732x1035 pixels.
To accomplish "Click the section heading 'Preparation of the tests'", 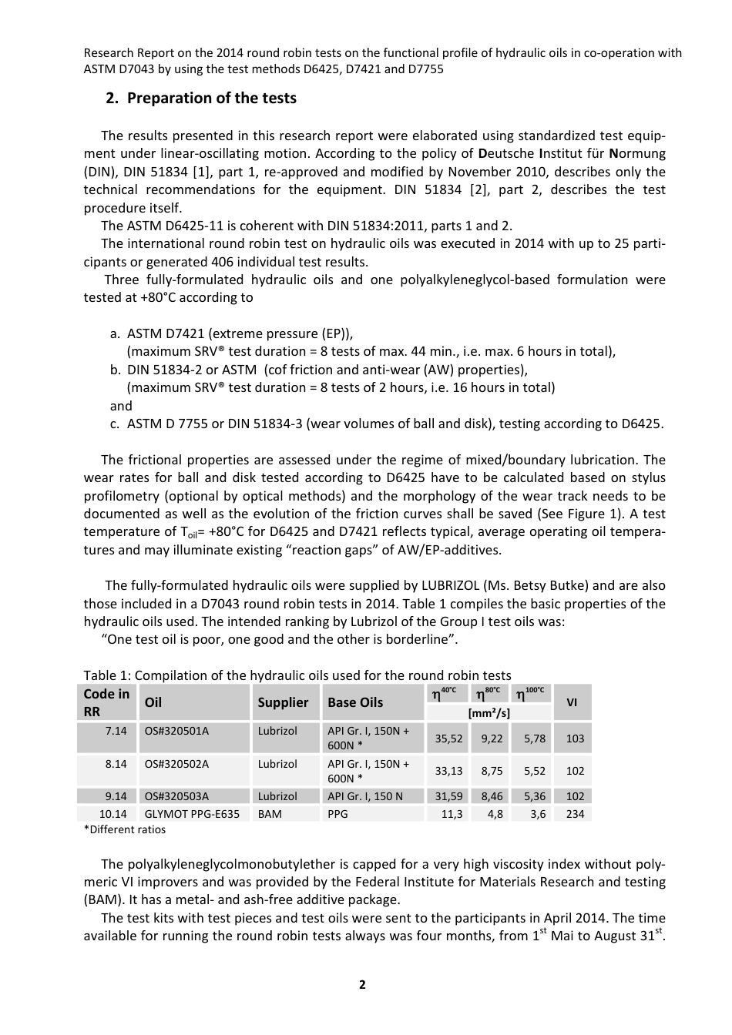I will pos(211,98).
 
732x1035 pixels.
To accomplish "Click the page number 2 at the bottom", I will pos(362,984).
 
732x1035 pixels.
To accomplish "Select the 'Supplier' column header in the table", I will pos(283,702).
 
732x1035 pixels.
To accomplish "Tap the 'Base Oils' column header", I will pos(355,702).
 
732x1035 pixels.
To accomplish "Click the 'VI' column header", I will pos(572,702).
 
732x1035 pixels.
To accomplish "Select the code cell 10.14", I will pos(113,814).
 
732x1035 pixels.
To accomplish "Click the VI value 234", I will pos(575,814).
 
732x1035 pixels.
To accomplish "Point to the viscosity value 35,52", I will pos(448,739).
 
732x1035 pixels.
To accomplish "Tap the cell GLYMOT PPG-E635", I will pos(192,814).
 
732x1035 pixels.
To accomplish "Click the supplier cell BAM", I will pos(270,814).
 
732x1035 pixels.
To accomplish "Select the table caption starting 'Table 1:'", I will pos(297,675).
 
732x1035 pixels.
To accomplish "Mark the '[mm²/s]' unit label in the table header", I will pos(489,713).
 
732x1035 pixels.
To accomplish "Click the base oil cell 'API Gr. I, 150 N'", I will pos(365,796).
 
